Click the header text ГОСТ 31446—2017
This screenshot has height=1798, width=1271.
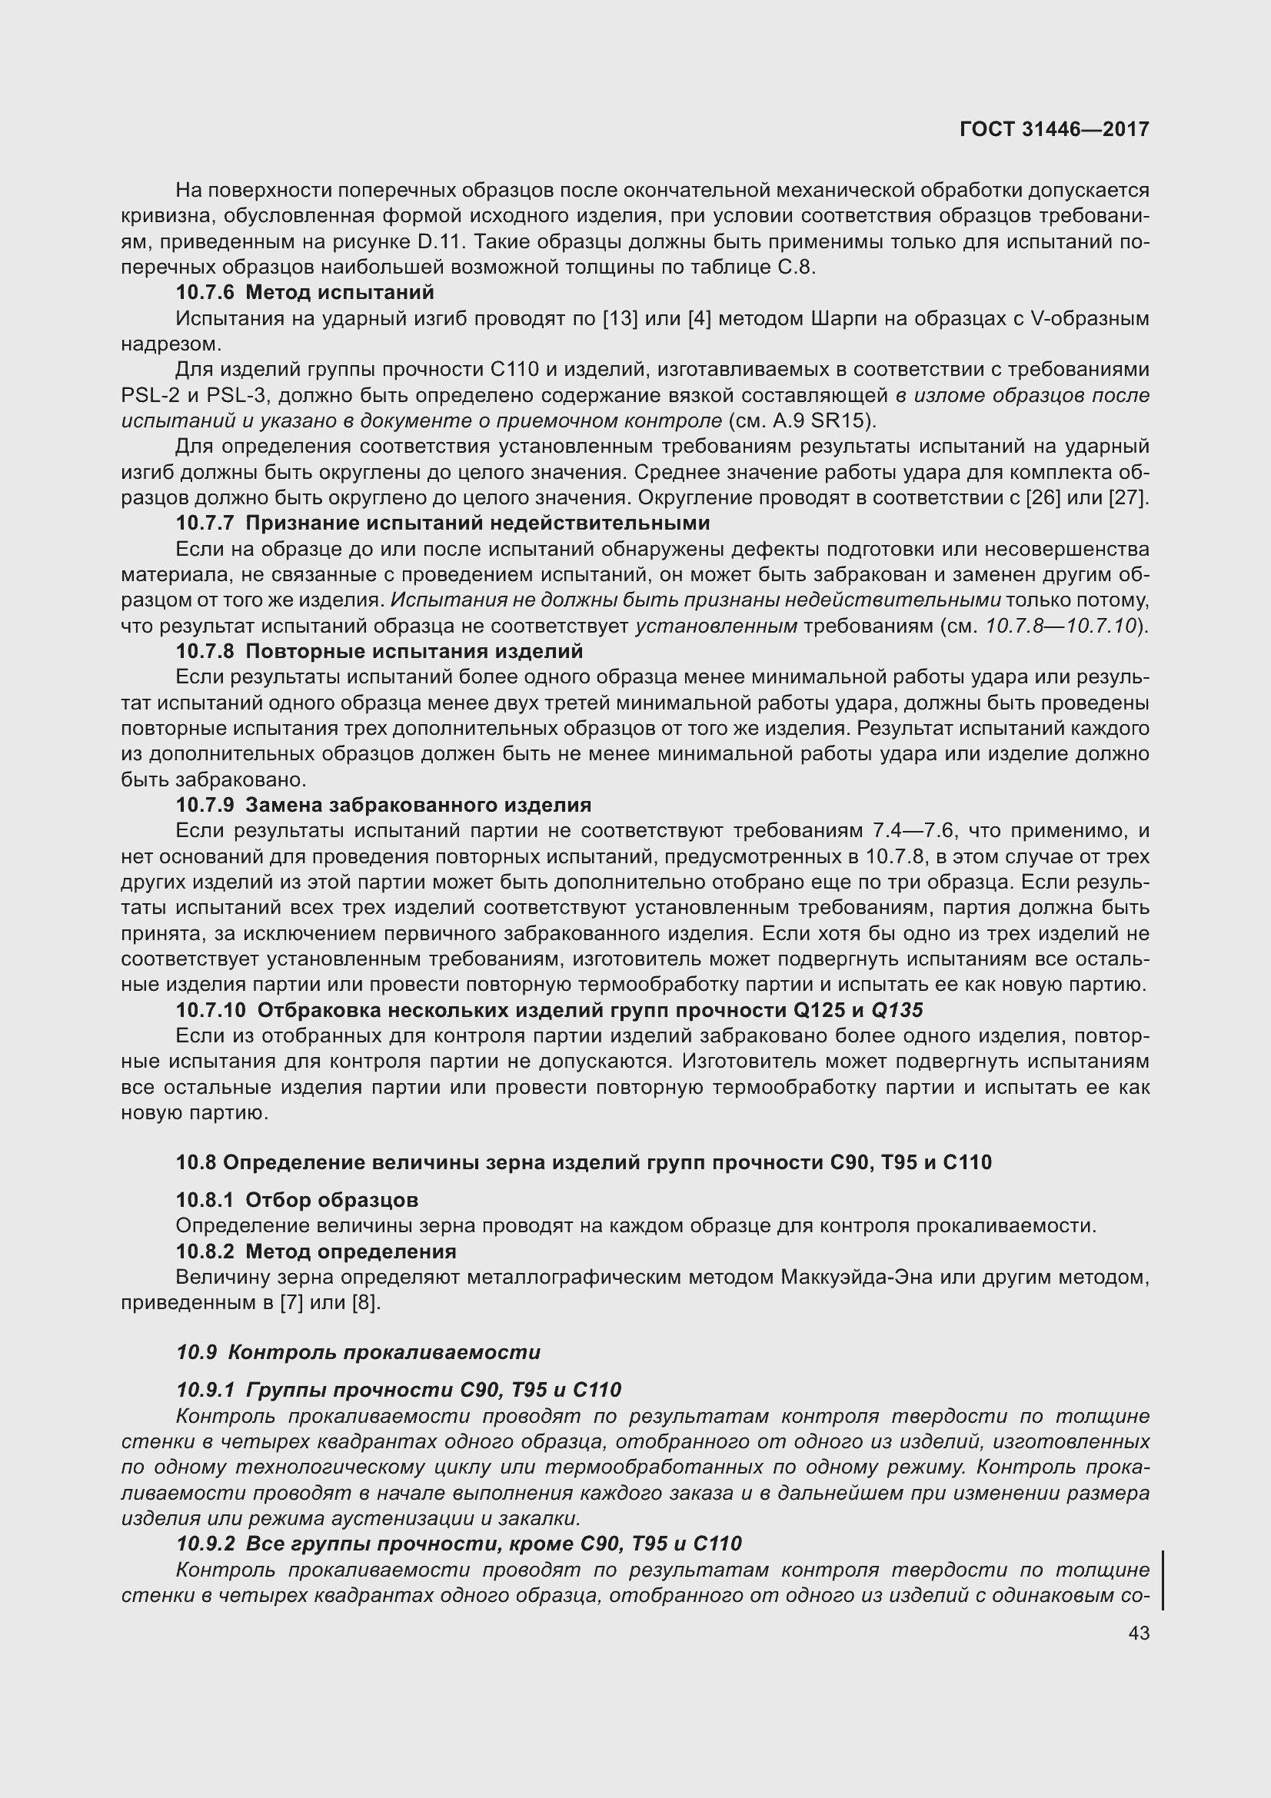click(x=1054, y=129)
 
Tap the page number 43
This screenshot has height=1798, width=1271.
click(x=1139, y=1633)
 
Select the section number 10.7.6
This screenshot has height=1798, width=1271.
click(x=205, y=293)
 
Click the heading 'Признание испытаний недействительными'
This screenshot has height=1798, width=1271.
click(x=477, y=523)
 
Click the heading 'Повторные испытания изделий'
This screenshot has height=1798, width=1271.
click(x=414, y=652)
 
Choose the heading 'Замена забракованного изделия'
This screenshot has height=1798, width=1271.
click(x=418, y=805)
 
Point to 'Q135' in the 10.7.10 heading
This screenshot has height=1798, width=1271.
click(x=897, y=1010)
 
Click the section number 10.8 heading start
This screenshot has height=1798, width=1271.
click(x=195, y=1162)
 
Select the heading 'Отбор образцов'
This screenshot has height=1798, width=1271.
click(x=332, y=1200)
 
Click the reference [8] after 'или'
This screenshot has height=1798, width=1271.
click(x=366, y=1303)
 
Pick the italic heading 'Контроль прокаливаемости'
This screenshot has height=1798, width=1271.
click(x=384, y=1352)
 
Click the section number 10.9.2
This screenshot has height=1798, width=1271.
click(x=205, y=1544)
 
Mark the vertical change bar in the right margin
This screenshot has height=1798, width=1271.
click(x=1163, y=1581)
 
